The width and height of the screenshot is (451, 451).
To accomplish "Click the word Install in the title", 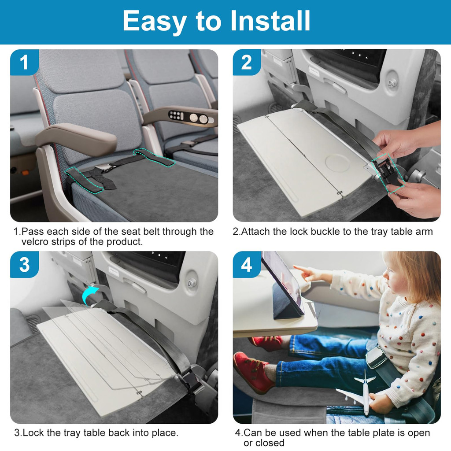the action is (270, 21).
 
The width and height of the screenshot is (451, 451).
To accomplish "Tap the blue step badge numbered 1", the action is (25, 63).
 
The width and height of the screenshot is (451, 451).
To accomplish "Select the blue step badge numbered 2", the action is (247, 63).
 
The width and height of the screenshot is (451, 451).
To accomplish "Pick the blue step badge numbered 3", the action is (25, 265).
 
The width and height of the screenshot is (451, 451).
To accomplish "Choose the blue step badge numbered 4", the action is (247, 265).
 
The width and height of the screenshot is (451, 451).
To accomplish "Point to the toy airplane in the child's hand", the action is (359, 392).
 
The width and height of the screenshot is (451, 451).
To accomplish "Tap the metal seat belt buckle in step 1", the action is (101, 169).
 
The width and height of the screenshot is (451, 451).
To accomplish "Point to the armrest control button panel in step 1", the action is (176, 116).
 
